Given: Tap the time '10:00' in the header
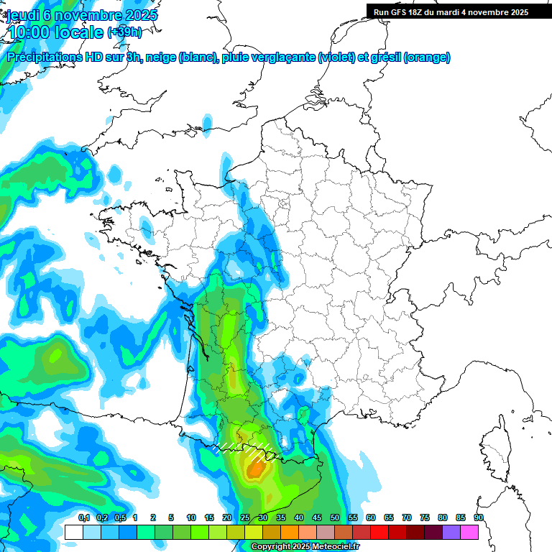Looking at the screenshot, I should [32, 32].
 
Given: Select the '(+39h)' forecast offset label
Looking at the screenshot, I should [124, 32].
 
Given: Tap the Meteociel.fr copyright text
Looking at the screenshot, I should [306, 547].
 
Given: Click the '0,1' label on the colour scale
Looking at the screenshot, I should [84, 517].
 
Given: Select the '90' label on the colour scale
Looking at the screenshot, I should [479, 517].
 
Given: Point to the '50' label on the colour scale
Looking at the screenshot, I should [335, 517].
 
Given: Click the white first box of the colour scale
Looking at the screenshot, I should [73, 532].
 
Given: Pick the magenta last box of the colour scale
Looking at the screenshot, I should [469, 532].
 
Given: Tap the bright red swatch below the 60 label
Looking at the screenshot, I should [379, 532].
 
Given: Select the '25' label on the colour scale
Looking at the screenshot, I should [245, 517].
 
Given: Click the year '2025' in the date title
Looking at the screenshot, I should [137, 15].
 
